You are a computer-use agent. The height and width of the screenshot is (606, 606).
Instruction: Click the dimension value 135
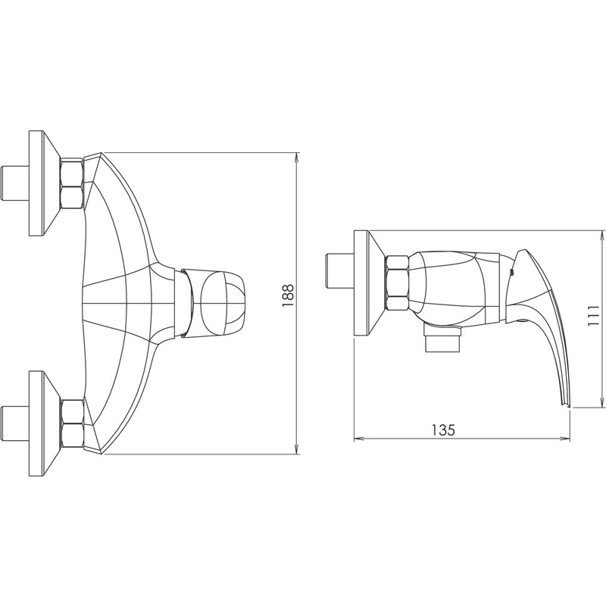point(444,430)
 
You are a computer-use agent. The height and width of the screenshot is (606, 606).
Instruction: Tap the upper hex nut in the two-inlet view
point(72,184)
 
